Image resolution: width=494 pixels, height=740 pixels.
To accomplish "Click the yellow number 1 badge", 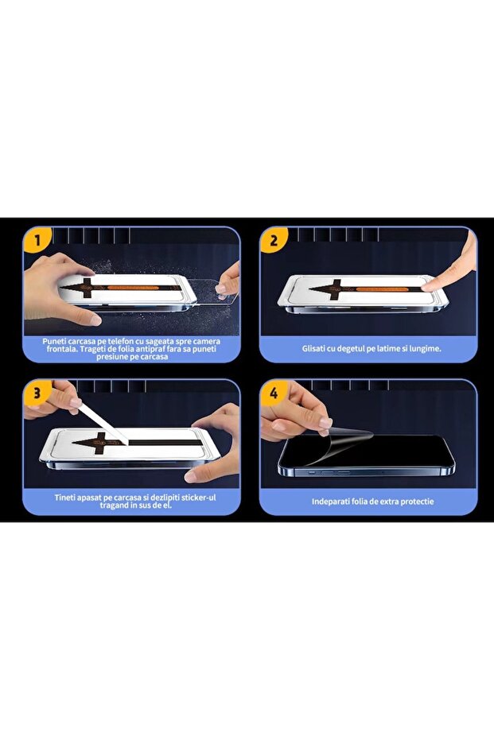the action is click(37, 242).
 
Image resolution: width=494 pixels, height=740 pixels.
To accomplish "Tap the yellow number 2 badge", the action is click(274, 241).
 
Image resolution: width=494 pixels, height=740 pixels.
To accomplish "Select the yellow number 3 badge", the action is click(37, 393).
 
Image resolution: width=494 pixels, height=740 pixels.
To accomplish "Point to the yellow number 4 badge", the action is click(274, 393).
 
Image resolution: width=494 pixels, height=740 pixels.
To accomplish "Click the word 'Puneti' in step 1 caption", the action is click(54, 341).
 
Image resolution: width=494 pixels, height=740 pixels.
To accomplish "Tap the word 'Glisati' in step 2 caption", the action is click(315, 349).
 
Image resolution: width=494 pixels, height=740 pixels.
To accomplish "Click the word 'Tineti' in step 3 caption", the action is click(65, 498).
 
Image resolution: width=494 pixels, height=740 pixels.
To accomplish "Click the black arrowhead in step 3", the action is click(90, 443).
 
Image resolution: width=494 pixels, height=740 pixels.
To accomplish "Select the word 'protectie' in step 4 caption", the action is click(417, 502).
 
